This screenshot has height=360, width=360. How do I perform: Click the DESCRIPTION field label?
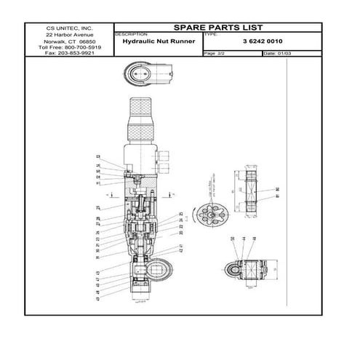click(132, 34)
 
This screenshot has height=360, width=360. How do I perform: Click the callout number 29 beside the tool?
click(98, 208)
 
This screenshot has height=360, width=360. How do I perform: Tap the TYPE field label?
click(210, 34)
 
